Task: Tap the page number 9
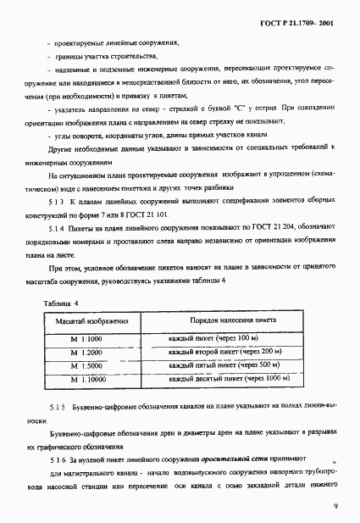(x=335, y=506)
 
